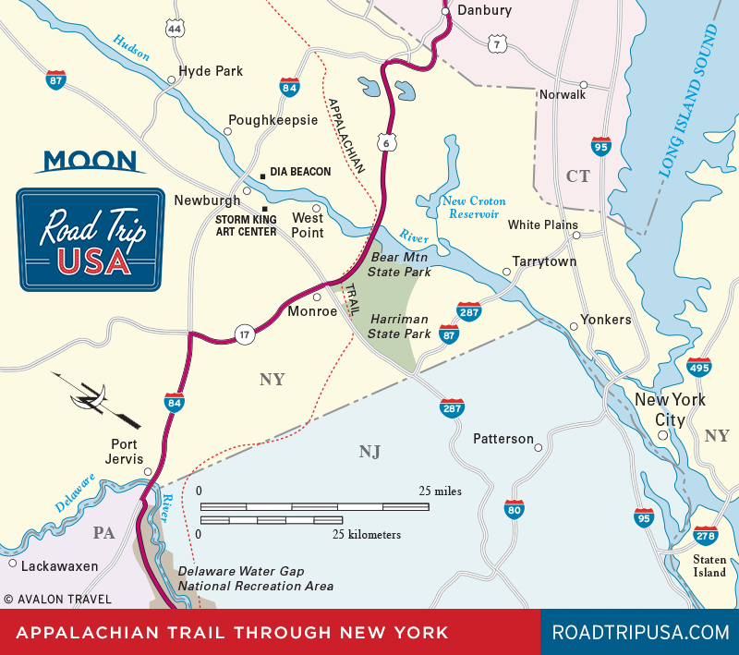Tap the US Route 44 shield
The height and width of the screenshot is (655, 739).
tap(175, 29)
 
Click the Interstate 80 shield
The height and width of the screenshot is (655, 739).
tap(515, 509)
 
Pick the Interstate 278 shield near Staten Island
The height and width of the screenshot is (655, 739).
tap(705, 534)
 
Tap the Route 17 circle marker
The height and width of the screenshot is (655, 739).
tap(244, 335)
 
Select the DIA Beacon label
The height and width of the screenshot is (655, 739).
tap(299, 173)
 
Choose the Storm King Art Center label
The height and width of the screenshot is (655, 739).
tap(246, 225)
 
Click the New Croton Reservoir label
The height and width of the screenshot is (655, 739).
tap(472, 207)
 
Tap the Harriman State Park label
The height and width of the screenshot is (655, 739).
tap(400, 325)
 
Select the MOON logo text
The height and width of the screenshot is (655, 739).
tap(90, 161)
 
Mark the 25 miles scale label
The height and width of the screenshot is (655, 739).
tap(440, 491)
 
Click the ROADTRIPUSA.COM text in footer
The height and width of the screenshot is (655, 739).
tap(640, 633)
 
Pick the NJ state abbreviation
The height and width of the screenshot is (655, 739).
tap(369, 452)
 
